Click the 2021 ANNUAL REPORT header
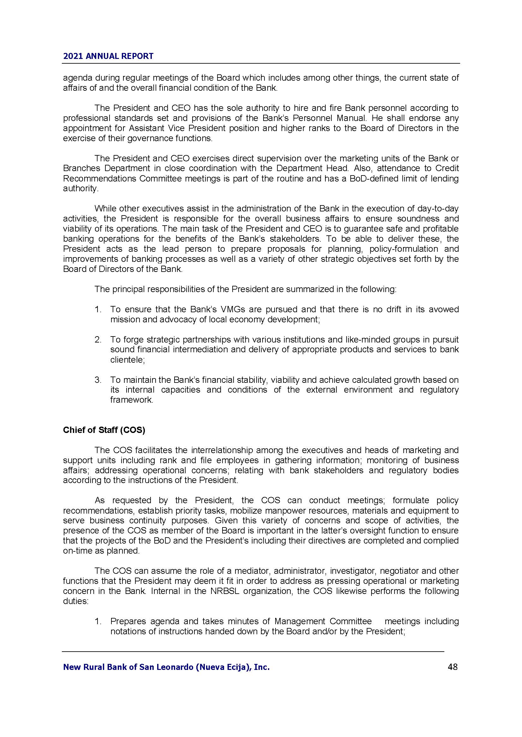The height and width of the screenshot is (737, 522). click(108, 56)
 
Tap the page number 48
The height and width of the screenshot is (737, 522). click(453, 667)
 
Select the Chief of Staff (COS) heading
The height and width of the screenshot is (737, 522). click(104, 430)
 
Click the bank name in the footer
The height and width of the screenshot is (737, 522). click(166, 667)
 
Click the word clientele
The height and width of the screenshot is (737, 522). click(127, 360)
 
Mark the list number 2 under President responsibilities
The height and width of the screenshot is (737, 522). click(98, 340)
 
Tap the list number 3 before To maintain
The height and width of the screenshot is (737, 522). click(98, 380)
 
